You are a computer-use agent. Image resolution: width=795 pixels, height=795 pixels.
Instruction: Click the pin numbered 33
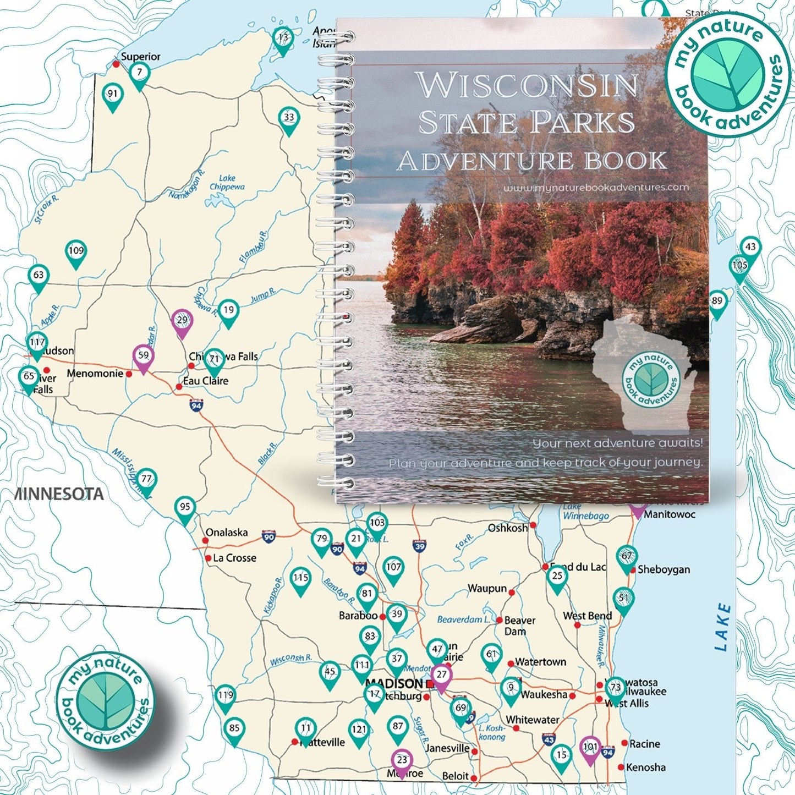(x=289, y=119)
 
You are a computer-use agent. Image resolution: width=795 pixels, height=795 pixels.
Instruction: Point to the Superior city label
(x=140, y=56)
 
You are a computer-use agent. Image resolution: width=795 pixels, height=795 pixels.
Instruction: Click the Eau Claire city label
(x=206, y=381)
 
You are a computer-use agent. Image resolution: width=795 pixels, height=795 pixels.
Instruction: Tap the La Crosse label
(x=234, y=558)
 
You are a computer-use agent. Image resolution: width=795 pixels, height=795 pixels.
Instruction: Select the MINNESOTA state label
(x=59, y=494)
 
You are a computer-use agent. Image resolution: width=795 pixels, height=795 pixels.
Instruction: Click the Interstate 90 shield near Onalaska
(x=268, y=537)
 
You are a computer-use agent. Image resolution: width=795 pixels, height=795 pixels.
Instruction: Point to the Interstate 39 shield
(x=419, y=546)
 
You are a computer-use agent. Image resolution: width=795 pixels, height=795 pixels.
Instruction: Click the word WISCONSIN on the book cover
(x=526, y=85)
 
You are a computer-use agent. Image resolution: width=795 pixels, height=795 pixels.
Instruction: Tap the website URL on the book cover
(x=595, y=187)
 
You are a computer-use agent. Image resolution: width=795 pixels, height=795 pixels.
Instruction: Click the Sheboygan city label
(x=664, y=569)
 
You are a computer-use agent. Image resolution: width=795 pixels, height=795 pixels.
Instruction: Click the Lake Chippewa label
(x=227, y=183)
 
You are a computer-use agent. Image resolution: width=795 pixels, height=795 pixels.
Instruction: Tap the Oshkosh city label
(x=507, y=528)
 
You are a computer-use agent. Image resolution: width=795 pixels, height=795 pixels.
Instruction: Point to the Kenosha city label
(x=646, y=767)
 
